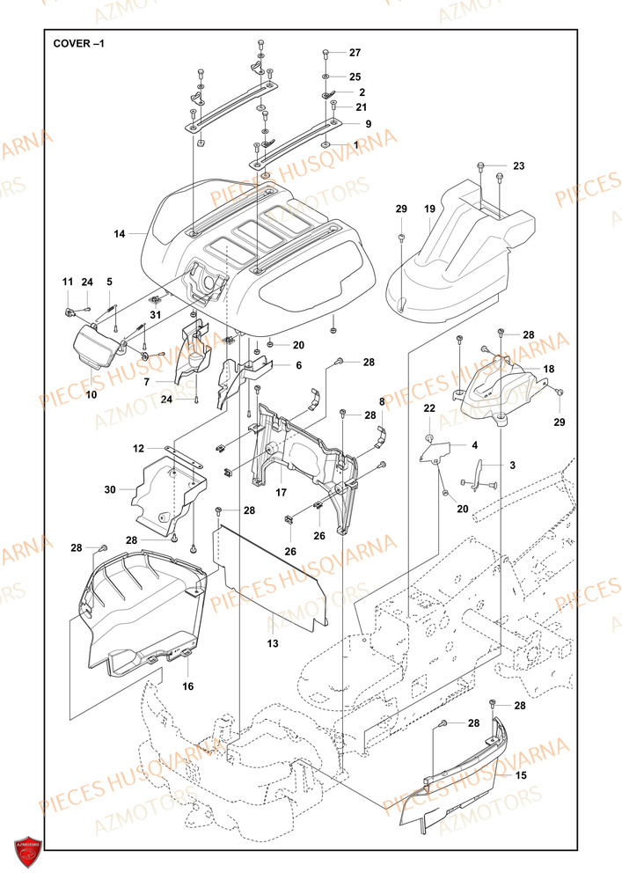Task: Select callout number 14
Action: (120, 233)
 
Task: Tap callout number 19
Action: (429, 209)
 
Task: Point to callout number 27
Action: (355, 52)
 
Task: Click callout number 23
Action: (518, 165)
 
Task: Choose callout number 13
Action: (273, 644)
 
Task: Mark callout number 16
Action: (188, 686)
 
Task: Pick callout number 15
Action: (521, 775)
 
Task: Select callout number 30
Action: (110, 489)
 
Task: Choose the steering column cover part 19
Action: (457, 264)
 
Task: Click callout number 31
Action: (156, 315)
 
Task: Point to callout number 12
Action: (139, 449)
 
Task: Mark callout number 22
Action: (429, 408)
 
